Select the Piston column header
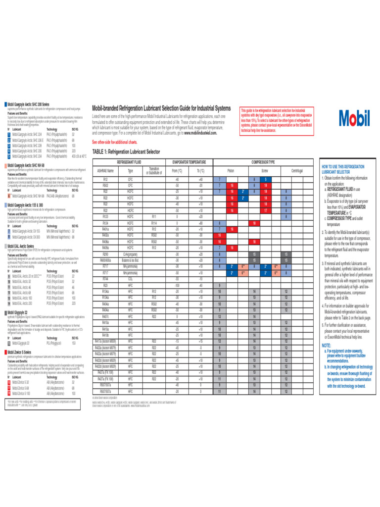point(230,170)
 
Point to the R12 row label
point(105,179)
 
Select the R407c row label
point(105,316)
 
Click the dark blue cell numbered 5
point(265,179)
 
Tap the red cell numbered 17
point(265,210)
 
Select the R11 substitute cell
point(154,215)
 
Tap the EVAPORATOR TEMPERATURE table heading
point(189,162)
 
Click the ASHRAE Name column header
point(105,170)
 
